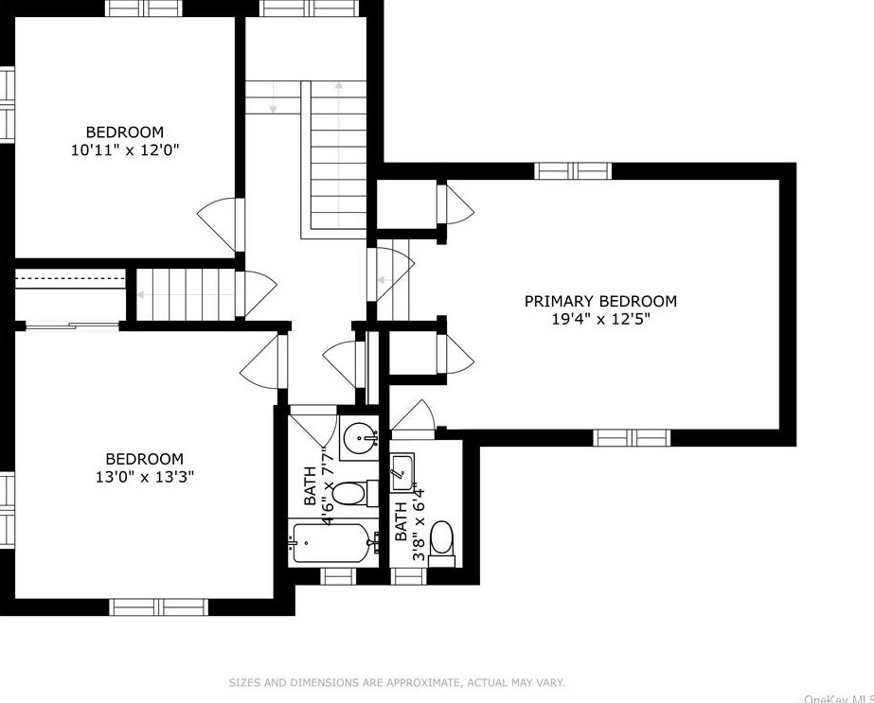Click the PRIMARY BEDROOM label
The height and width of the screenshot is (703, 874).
600,302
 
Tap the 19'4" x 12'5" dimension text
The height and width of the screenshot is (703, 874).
601,320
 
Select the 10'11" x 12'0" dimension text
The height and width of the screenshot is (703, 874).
125,150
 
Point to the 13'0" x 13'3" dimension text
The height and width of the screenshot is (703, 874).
144,477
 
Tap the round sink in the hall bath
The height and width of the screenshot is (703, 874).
360,438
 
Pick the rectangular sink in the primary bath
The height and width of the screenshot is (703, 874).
401,473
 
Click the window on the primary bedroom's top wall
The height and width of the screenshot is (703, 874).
573,171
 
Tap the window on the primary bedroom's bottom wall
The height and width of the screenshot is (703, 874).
632,438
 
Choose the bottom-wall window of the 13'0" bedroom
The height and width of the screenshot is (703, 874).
158,607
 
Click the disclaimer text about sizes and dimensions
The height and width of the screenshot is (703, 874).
397,682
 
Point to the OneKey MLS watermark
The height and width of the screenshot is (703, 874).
839,698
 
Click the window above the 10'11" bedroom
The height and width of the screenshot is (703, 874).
144,9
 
